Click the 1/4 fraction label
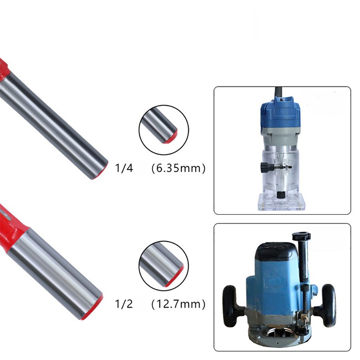(124, 168)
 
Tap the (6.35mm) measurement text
(179, 168)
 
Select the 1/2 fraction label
(124, 304)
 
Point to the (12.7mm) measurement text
(179, 304)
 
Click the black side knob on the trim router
(265, 167)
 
